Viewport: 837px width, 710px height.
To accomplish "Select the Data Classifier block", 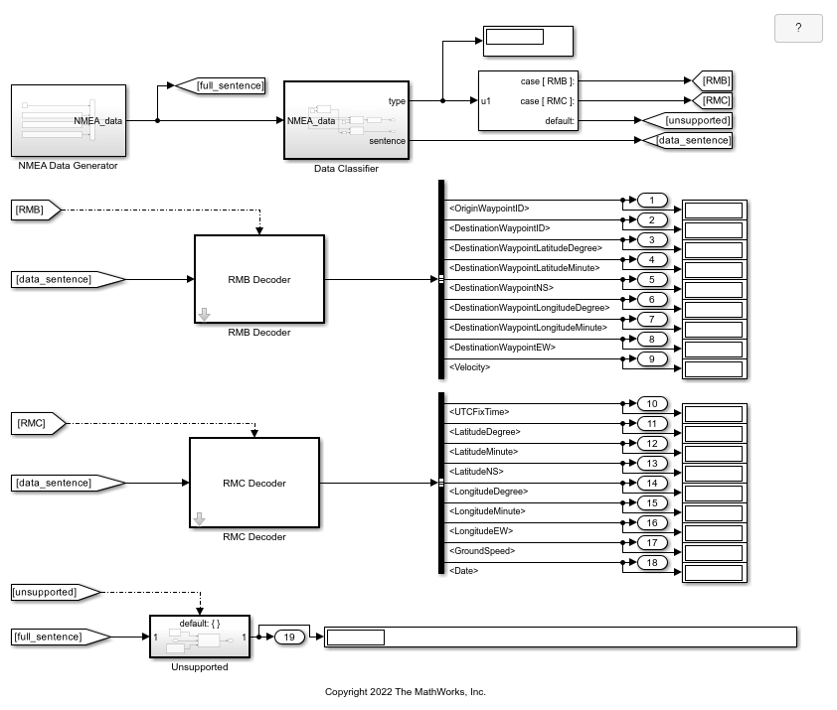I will pos(346,120).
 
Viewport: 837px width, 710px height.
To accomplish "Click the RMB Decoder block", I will pos(258,279).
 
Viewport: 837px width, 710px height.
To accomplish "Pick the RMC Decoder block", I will pos(254,483).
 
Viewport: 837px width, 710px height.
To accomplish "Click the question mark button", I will pos(798,29).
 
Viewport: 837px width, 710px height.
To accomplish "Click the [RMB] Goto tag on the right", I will pos(713,80).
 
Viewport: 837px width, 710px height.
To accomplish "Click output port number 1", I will pos(651,201).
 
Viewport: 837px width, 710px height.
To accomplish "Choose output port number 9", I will pos(651,358).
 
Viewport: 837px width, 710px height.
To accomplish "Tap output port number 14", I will pos(651,484).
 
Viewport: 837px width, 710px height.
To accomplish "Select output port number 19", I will pos(288,637).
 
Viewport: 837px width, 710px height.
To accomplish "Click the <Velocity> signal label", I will pos(470,367).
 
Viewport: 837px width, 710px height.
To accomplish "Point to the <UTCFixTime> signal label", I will pos(479,411).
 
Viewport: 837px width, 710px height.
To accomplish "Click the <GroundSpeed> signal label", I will pos(482,550).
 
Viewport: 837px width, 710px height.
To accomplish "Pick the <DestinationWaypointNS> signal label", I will pos(501,288).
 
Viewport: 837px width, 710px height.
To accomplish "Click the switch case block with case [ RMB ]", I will pos(528,100).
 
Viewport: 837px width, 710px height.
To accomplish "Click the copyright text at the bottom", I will pos(405,692).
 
